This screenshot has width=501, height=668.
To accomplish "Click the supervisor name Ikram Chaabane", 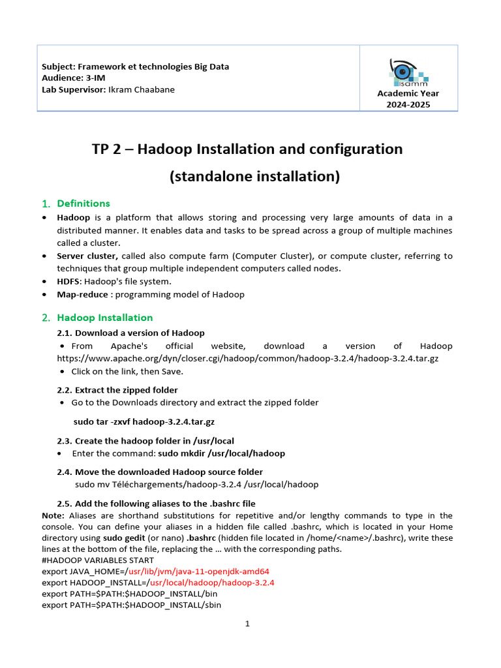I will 141,89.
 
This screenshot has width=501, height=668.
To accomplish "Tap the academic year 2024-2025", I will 408,104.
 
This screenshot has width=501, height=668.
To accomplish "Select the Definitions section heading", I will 83,204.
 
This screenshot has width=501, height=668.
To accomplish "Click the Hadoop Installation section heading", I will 104,318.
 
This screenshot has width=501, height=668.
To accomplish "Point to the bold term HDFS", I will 69,281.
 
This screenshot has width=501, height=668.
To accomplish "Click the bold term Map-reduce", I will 81,294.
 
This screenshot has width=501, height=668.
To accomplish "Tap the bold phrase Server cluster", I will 87,256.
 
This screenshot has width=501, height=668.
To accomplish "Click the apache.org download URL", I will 247,358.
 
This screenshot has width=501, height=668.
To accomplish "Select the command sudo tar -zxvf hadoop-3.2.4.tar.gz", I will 144,421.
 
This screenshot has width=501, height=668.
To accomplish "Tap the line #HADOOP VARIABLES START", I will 98,560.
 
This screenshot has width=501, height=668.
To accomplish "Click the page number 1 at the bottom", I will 247,624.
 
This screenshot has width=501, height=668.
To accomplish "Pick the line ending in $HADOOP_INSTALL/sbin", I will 131,605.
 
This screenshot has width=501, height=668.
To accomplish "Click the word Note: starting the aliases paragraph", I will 53,515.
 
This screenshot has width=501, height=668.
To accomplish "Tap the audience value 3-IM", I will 96,78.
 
